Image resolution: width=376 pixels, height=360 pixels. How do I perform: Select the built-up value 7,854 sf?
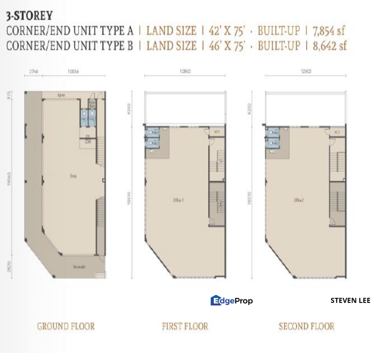click(x=327, y=31)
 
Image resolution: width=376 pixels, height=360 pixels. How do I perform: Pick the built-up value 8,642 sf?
click(x=327, y=46)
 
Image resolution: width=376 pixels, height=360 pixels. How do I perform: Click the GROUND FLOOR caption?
click(x=65, y=326)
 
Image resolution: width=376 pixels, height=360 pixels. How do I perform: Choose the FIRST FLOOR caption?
click(x=184, y=326)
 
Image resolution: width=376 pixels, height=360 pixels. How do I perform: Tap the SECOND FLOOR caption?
click(x=306, y=326)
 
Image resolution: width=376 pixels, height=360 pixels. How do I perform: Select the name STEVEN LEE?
click(x=350, y=300)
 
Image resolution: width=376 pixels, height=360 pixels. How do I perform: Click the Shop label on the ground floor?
click(x=72, y=176)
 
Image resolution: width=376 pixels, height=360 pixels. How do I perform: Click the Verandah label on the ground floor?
click(x=78, y=266)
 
